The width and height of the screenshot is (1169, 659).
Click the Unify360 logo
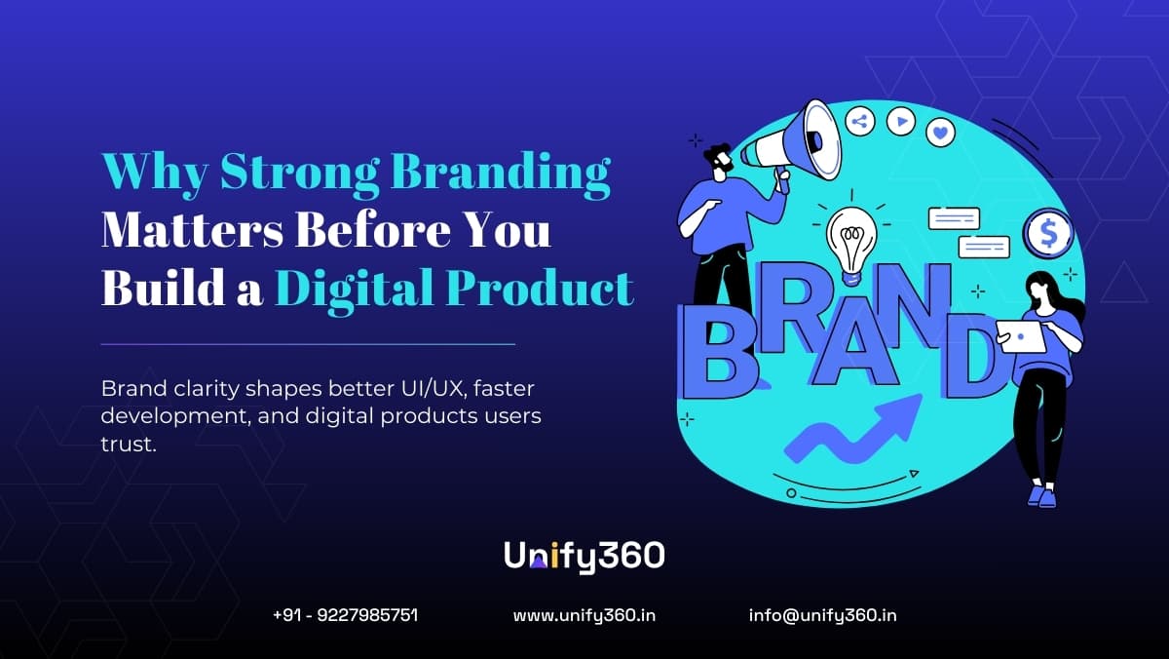click(x=584, y=556)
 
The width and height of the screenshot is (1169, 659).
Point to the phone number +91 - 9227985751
click(x=346, y=615)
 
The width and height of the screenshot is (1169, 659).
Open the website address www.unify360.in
click(x=584, y=615)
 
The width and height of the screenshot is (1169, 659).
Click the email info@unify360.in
click(x=823, y=615)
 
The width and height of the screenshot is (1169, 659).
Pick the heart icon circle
click(x=940, y=131)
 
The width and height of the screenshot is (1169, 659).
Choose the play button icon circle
click(x=902, y=121)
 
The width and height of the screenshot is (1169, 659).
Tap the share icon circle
click(x=860, y=121)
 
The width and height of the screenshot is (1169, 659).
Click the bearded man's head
click(x=719, y=161)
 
